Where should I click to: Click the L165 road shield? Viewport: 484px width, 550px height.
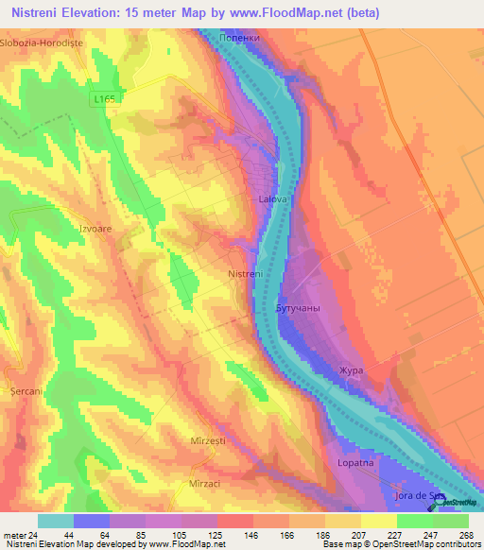104,98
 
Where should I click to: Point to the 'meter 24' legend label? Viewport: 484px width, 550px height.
18,534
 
